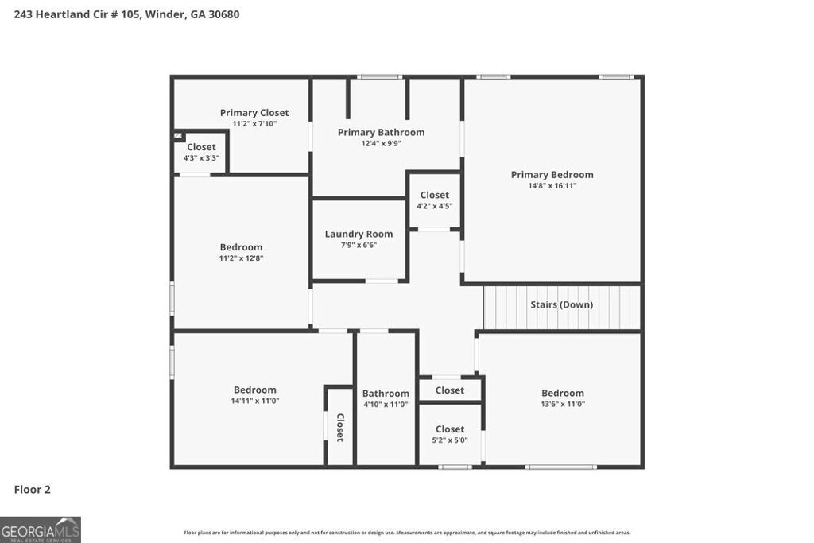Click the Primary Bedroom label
pos(552,175)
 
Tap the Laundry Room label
pos(359,234)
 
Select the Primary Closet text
pos(254,113)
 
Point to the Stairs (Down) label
pos(561,304)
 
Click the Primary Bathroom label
pos(381,132)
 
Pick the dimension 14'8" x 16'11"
pos(552,186)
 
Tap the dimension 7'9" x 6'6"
pos(359,245)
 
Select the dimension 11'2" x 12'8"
pos(241,258)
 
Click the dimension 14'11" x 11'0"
pos(254,401)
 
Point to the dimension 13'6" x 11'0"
pos(563,404)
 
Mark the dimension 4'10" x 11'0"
pos(386,405)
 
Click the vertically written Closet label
pos(339,428)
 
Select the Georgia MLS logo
pos(41,529)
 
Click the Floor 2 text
pos(33,490)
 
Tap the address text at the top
pos(126,14)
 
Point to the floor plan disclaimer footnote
pos(407,533)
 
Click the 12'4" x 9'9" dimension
pos(381,143)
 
